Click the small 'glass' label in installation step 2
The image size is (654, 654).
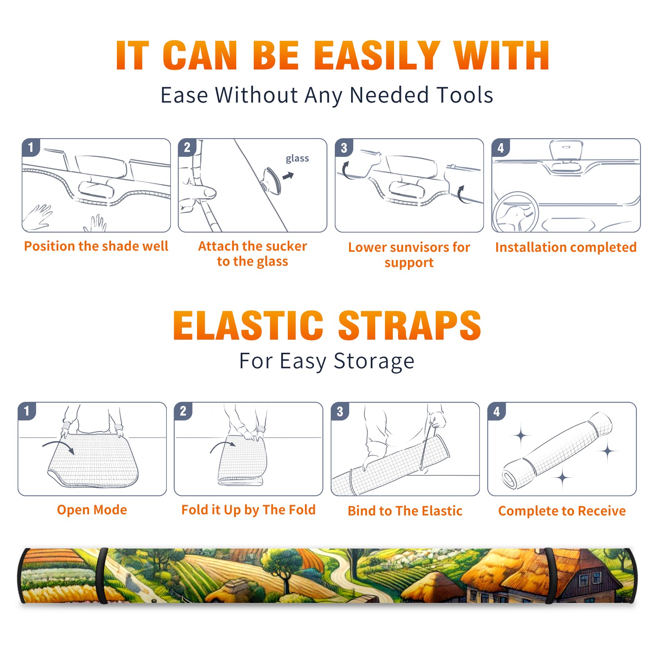(x=297, y=159)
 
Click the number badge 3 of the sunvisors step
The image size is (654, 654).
(x=344, y=148)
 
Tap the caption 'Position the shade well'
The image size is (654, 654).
(x=96, y=246)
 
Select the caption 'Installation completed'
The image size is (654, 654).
(x=566, y=247)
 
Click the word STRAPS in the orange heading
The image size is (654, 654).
(x=410, y=325)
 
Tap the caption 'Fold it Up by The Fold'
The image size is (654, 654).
(x=249, y=510)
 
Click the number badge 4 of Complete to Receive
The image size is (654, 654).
(x=497, y=411)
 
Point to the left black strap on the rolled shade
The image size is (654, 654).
(x=102, y=576)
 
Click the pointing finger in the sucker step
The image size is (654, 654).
(x=200, y=192)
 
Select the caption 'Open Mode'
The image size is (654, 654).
(x=92, y=510)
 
